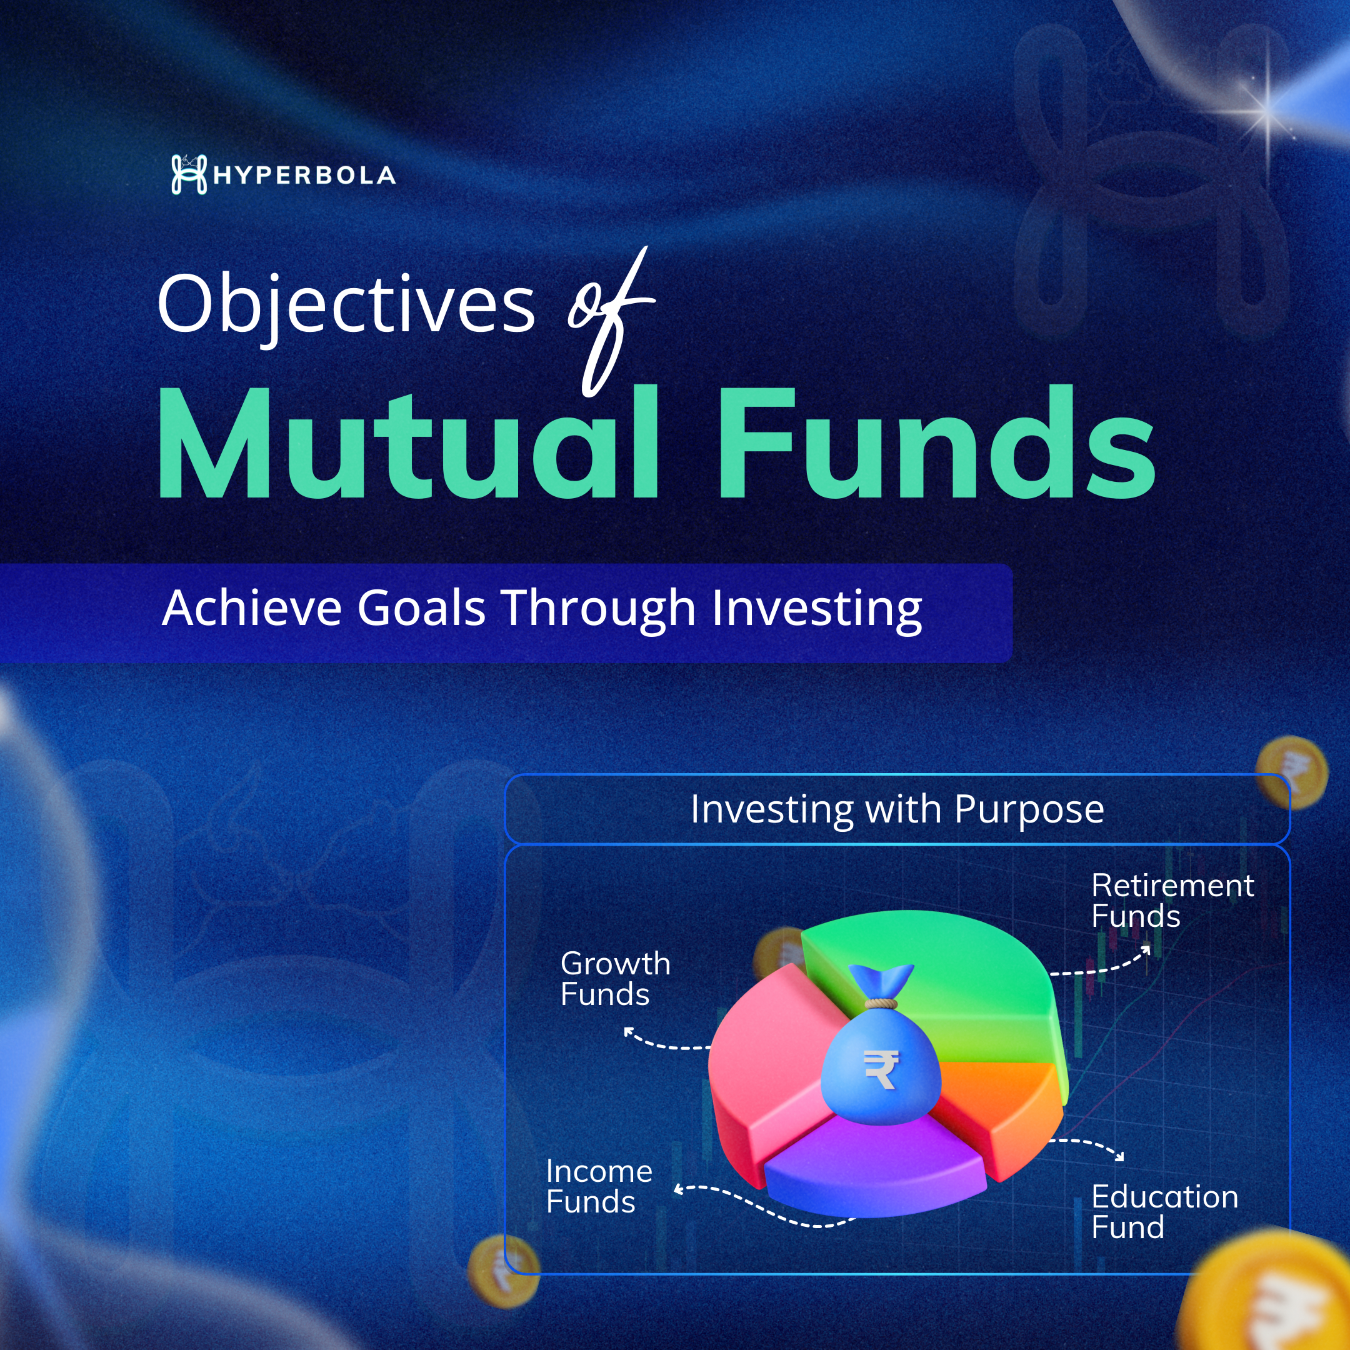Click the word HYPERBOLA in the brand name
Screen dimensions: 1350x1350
pyautogui.click(x=304, y=176)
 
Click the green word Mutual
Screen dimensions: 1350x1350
pyautogui.click(x=409, y=442)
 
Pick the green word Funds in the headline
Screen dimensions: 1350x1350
pyautogui.click(x=937, y=442)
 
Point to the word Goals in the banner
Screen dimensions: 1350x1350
pyautogui.click(x=421, y=608)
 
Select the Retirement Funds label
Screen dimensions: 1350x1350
pyautogui.click(x=1172, y=901)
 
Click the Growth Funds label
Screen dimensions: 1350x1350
pyautogui.click(x=615, y=979)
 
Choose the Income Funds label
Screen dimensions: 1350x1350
pyautogui.click(x=599, y=1186)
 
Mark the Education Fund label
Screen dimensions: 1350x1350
pyautogui.click(x=1165, y=1212)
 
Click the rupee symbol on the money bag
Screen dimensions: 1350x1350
pyautogui.click(x=881, y=1070)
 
